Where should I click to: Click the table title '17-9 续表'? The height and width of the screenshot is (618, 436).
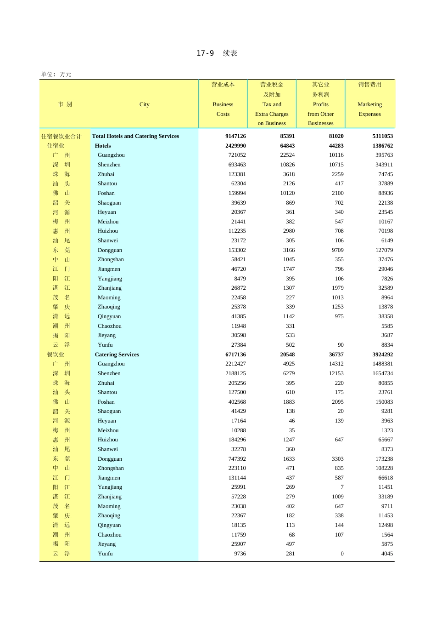coord(217,53)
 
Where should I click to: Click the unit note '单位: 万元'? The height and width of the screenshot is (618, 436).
coord(56,74)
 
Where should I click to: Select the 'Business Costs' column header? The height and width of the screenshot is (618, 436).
coord(223,109)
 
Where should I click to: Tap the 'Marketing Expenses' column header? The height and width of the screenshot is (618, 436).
coord(369,109)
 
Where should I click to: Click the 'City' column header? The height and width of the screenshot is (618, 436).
coord(145,104)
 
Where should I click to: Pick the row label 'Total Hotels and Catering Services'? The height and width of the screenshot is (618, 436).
coord(135,136)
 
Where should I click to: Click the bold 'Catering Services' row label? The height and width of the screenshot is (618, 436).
coord(117,355)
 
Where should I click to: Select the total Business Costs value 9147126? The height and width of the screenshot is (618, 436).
coord(235,136)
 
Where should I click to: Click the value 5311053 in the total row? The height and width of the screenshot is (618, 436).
coord(382,136)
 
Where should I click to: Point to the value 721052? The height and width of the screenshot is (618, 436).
coord(237,155)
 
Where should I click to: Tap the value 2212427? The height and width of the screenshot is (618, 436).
coord(235,364)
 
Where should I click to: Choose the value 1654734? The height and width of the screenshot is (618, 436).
coord(382,373)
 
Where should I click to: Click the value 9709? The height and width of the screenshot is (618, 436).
coord(338,250)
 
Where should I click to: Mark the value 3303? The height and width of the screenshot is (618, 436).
coord(338,459)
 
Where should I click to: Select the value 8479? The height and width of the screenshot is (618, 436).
coord(240,279)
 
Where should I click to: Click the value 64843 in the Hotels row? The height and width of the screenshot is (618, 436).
coord(287,146)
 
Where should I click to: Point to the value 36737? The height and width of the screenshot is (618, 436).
coord(336,355)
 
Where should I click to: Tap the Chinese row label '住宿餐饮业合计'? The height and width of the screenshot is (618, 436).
coord(61,136)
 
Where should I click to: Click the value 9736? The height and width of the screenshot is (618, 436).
coord(240,554)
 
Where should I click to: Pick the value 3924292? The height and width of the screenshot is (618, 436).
coord(382,355)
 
